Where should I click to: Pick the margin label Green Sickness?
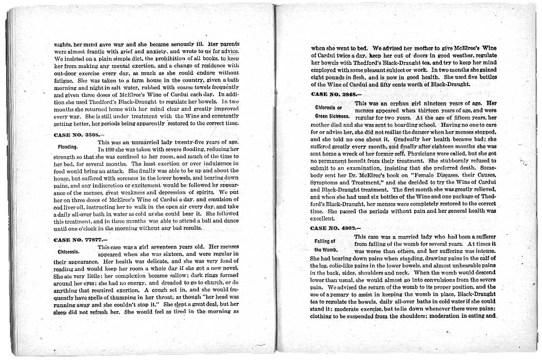pos(332,116)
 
